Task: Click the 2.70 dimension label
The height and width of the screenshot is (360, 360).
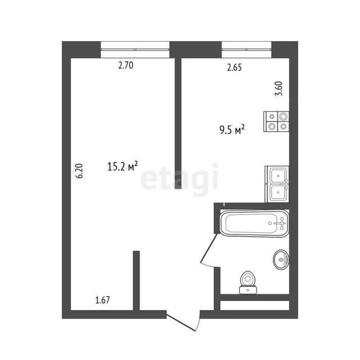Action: click(x=125, y=66)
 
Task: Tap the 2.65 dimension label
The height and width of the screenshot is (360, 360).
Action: click(x=234, y=67)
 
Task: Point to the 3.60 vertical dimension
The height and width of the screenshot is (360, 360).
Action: click(x=279, y=89)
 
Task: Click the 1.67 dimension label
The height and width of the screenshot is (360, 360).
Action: click(x=102, y=300)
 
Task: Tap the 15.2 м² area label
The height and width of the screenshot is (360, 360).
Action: click(x=123, y=166)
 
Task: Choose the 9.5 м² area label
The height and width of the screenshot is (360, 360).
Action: click(x=232, y=130)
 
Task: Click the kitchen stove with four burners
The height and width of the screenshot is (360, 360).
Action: click(x=276, y=121)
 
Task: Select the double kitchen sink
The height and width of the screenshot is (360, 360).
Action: click(x=277, y=184)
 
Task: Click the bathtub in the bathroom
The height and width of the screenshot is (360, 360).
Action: click(x=254, y=223)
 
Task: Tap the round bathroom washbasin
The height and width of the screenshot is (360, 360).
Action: click(x=281, y=259)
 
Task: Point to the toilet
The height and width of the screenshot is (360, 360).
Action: click(x=247, y=282)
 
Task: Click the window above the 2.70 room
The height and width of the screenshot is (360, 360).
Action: click(x=135, y=49)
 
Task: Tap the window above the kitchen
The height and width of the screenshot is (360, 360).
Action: click(x=246, y=49)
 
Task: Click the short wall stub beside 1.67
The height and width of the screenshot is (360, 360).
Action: click(x=136, y=280)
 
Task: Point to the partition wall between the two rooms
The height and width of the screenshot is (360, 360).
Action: click(x=178, y=124)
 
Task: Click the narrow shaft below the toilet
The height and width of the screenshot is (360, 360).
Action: click(x=255, y=305)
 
